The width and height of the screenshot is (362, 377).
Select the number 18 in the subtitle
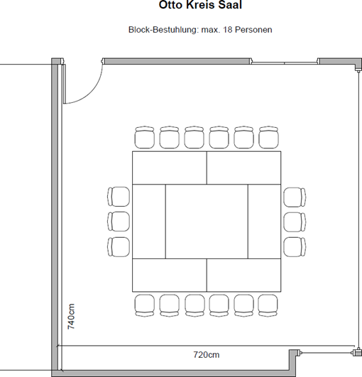(228, 30)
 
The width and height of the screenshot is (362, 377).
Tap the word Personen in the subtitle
(253, 30)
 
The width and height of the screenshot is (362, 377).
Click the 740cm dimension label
(71, 317)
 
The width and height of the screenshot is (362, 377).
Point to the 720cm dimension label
(207, 355)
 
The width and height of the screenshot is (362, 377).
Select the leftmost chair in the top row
(145, 137)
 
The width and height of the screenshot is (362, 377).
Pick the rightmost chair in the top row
(269, 137)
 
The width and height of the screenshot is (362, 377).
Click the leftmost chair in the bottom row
(145, 305)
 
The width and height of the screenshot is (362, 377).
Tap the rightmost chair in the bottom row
(268, 305)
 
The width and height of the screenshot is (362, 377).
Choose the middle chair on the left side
(119, 222)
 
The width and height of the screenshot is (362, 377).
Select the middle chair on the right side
(295, 222)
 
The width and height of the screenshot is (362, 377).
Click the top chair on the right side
(295, 197)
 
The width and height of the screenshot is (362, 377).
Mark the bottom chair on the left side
(119, 247)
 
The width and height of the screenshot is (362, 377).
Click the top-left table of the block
(170, 168)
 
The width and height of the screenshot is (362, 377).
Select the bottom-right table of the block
(243, 275)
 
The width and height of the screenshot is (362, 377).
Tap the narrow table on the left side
(149, 222)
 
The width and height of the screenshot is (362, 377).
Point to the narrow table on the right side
(265, 222)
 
